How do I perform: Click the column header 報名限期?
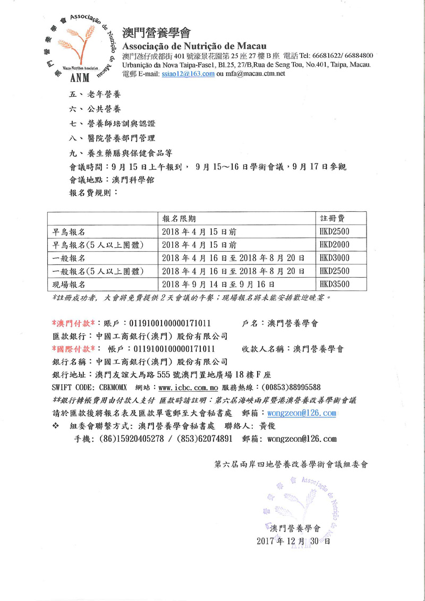point(182,219)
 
